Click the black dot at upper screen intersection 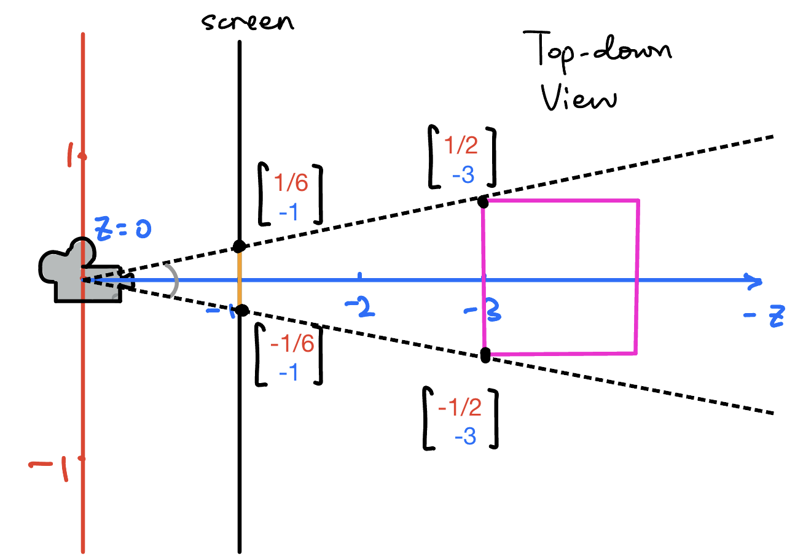click(239, 246)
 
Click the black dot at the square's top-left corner click(483, 201)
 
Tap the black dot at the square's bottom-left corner click(485, 355)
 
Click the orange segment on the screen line click(240, 279)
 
